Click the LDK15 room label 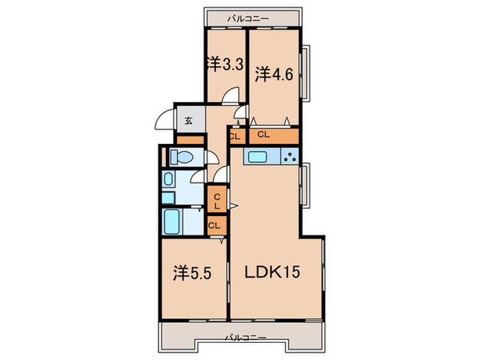click(x=272, y=272)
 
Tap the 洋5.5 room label click(x=192, y=274)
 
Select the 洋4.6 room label click(x=274, y=74)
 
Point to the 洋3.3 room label click(x=226, y=64)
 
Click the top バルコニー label click(x=248, y=19)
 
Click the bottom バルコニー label click(x=245, y=338)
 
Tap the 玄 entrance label click(x=189, y=120)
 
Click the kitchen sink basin click(x=258, y=157)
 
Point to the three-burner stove click(x=289, y=157)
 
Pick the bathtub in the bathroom click(x=171, y=221)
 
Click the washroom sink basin click(x=168, y=179)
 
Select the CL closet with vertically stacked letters click(x=217, y=198)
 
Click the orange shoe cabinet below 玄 click(x=191, y=140)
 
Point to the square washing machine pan click(x=168, y=197)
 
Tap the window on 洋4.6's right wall click(x=305, y=72)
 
